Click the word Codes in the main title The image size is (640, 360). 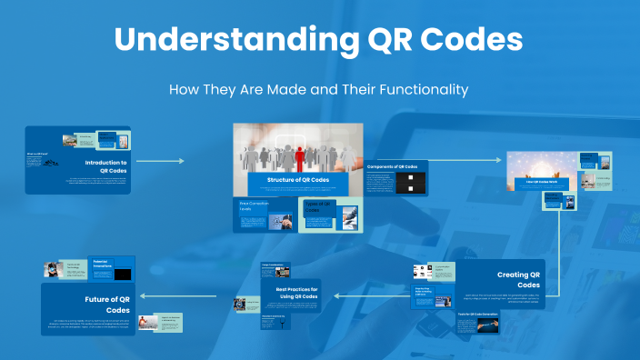click(471, 41)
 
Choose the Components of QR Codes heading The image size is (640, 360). click(392, 167)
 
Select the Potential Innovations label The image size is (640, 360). click(107, 264)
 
